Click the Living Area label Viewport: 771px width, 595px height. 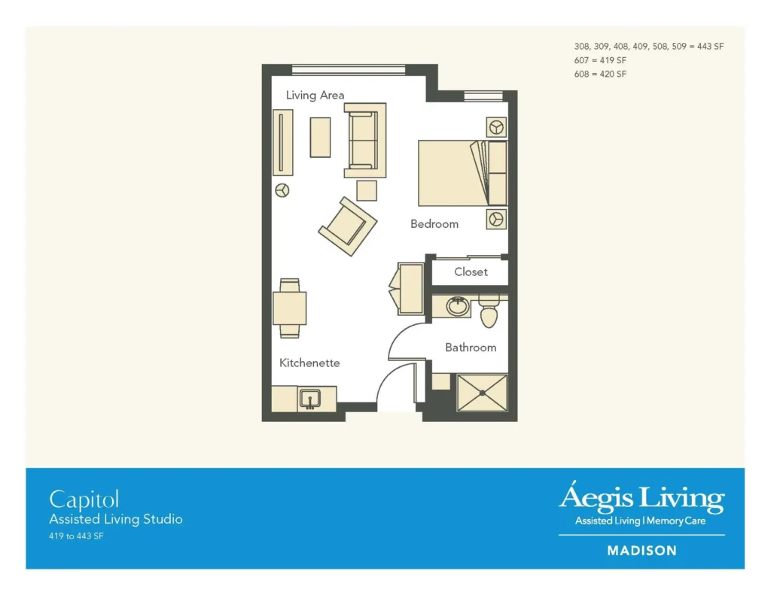tap(315, 96)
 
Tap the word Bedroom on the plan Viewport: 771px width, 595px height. tap(434, 224)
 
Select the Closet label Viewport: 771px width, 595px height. tap(471, 272)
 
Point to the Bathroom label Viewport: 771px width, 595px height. tap(471, 348)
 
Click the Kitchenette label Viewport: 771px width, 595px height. tap(309, 363)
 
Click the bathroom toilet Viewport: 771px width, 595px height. tap(489, 311)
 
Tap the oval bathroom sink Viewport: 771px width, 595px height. tap(458, 307)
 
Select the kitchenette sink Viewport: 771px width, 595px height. tap(310, 399)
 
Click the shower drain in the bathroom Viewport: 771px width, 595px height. tap(483, 393)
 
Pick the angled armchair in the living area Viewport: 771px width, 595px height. tap(348, 226)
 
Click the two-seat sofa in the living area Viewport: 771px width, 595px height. tap(365, 140)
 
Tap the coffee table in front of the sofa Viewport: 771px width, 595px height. tap(320, 138)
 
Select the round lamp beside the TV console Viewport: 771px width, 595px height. tap(282, 190)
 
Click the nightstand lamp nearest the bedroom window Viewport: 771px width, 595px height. tap(496, 127)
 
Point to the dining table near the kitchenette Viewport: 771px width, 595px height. tap(290, 308)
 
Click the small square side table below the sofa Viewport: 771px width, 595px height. tap(367, 190)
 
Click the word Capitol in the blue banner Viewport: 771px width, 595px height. tap(84, 500)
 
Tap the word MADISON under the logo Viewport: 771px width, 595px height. tap(641, 551)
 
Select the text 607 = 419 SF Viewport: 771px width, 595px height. tap(600, 60)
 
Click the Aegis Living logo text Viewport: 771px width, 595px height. tap(641, 497)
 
